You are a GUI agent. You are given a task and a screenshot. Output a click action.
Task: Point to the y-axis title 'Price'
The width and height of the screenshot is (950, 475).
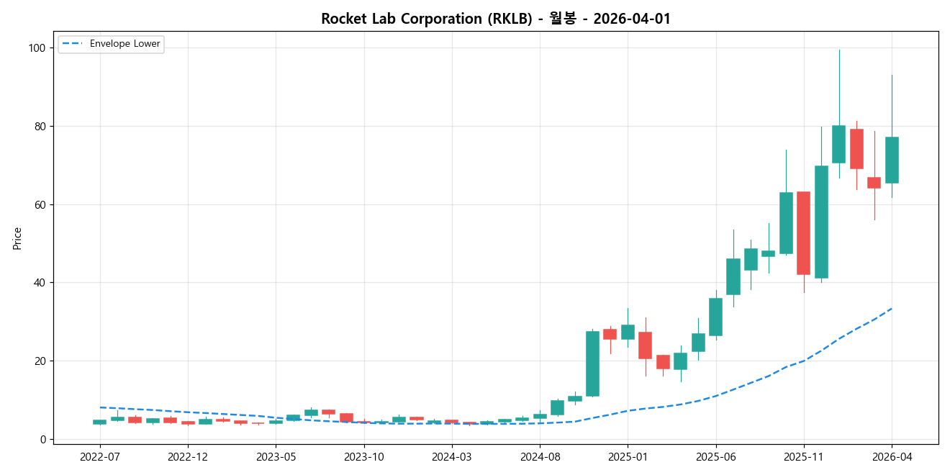17,238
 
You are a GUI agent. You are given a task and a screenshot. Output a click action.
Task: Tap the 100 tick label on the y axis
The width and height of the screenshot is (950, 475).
37,48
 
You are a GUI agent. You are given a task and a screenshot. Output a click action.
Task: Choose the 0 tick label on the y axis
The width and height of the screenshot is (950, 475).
42,439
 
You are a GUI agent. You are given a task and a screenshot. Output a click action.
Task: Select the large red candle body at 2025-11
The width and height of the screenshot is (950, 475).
803,233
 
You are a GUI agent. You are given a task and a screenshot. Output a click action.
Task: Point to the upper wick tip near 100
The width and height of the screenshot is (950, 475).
838,50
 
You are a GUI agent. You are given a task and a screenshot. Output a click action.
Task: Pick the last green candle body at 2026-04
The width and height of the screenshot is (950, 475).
892,160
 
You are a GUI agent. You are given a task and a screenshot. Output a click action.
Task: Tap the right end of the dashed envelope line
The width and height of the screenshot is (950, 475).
892,309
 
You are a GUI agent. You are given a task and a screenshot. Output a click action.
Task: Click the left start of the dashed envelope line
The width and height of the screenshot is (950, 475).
100,407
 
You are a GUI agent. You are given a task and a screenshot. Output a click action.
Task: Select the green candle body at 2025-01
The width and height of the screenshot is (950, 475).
628,332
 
